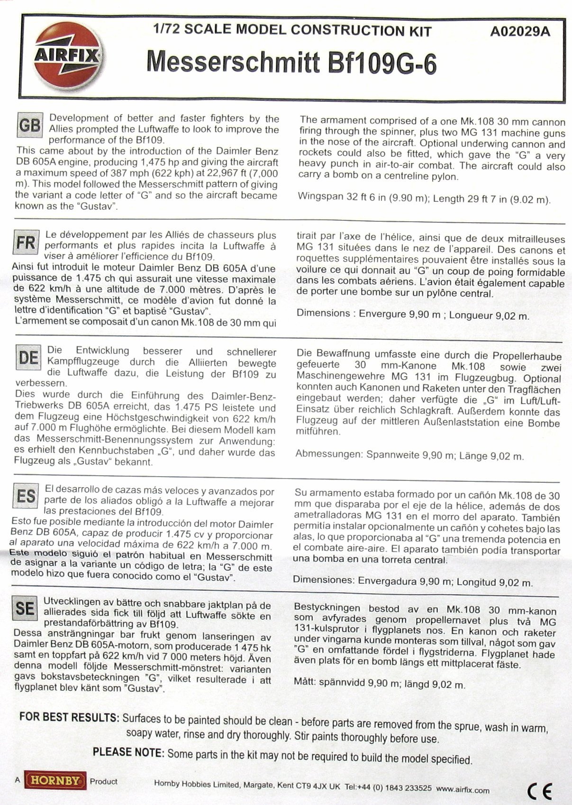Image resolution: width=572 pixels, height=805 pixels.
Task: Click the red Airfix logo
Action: [x=66, y=55]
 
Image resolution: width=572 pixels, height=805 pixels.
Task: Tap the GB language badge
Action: [x=29, y=125]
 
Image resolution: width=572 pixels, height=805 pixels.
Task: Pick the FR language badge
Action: [x=26, y=242]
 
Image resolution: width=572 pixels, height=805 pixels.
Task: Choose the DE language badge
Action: [x=28, y=358]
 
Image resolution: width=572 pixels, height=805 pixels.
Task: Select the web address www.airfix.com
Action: [x=463, y=790]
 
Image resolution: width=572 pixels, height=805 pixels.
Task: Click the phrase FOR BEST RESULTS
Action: [x=69, y=717]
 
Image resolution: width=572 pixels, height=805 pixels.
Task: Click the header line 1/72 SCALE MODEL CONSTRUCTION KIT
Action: [x=290, y=31]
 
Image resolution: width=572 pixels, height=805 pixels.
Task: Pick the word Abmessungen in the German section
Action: [x=328, y=454]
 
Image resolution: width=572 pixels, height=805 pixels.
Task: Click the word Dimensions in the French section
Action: [x=323, y=313]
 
